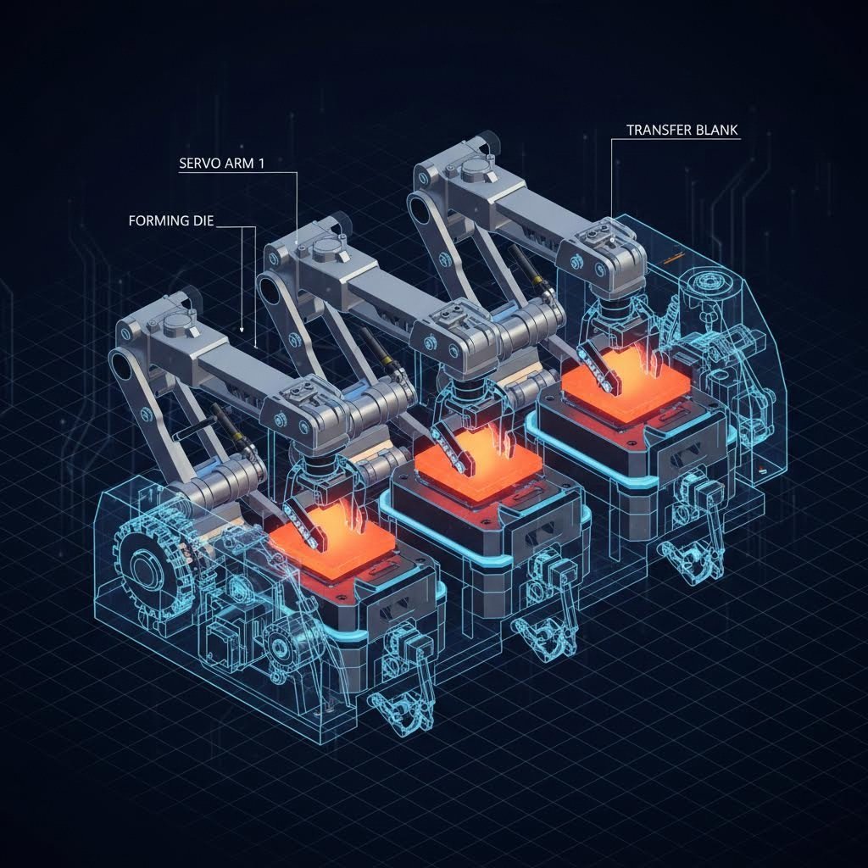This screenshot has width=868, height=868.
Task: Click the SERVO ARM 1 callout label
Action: click(222, 164)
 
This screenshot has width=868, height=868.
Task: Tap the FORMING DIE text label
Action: click(171, 221)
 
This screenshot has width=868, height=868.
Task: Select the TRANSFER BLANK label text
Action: click(682, 131)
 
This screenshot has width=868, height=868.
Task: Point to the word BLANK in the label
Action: click(715, 131)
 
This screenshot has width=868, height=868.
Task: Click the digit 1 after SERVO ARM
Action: click(261, 164)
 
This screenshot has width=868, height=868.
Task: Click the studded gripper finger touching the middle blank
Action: click(448, 445)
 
